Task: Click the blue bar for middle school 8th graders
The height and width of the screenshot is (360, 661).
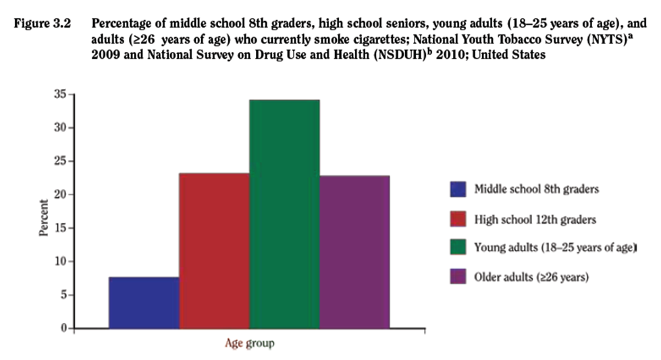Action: point(143,303)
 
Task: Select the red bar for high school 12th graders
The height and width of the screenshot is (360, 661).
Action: point(213,251)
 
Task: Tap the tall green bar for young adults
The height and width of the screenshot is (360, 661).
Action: point(284,213)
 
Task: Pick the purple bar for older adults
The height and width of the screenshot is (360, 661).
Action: point(354,252)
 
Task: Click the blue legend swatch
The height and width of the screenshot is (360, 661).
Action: point(458,189)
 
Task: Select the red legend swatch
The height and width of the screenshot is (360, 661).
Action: point(458,219)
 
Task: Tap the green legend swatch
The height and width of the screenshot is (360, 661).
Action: point(458,248)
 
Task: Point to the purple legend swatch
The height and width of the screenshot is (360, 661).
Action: point(458,277)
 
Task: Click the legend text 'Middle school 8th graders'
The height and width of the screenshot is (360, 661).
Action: point(536,189)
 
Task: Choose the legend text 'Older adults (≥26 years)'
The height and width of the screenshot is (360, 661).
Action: point(532,277)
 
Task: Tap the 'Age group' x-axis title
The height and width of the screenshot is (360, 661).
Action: point(249,343)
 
